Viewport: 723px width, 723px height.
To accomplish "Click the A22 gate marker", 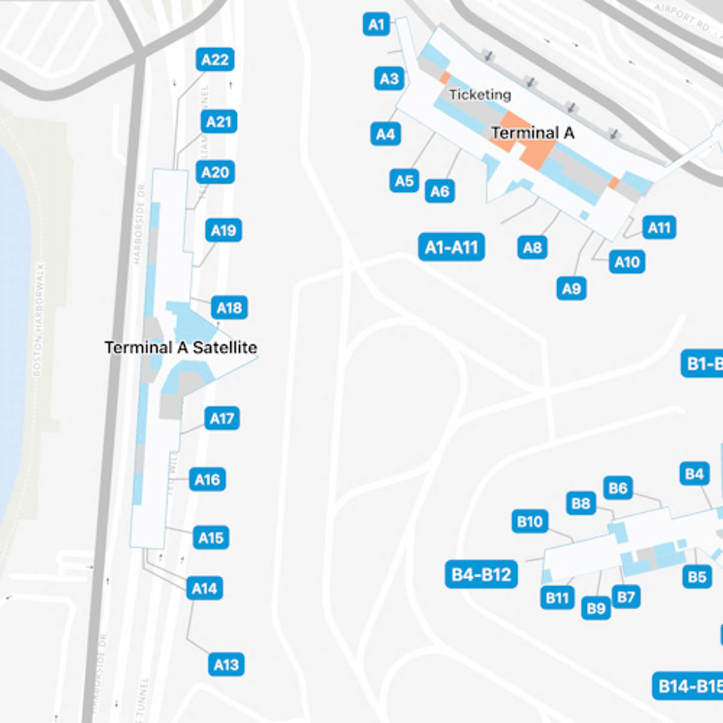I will point(214,60).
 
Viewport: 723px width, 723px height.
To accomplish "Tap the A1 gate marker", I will point(376,25).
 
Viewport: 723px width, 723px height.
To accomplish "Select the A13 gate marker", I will point(226,665).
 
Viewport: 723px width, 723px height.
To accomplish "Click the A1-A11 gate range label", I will point(451,247).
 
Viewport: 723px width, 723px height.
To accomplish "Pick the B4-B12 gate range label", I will point(481,574).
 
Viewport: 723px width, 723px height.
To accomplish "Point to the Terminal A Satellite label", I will point(181,348).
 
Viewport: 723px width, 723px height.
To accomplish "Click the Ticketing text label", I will point(480,95).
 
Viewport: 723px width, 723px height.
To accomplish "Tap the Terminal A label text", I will point(532,133).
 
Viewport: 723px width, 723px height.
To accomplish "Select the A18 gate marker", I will point(229,308).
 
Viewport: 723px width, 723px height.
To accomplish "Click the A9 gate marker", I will point(571,289).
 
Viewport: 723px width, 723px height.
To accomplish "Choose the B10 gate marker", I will point(530,521).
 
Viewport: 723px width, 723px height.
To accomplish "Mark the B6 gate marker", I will point(618,488).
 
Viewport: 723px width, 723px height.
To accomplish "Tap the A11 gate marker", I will point(659,228).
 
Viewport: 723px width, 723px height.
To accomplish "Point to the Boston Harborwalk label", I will point(37,319).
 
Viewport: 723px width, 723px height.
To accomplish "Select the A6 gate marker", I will point(439,192).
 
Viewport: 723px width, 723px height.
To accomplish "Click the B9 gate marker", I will point(595,609).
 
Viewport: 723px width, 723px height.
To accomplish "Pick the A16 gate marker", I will point(207,480).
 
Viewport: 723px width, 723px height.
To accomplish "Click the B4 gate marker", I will point(694,474).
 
